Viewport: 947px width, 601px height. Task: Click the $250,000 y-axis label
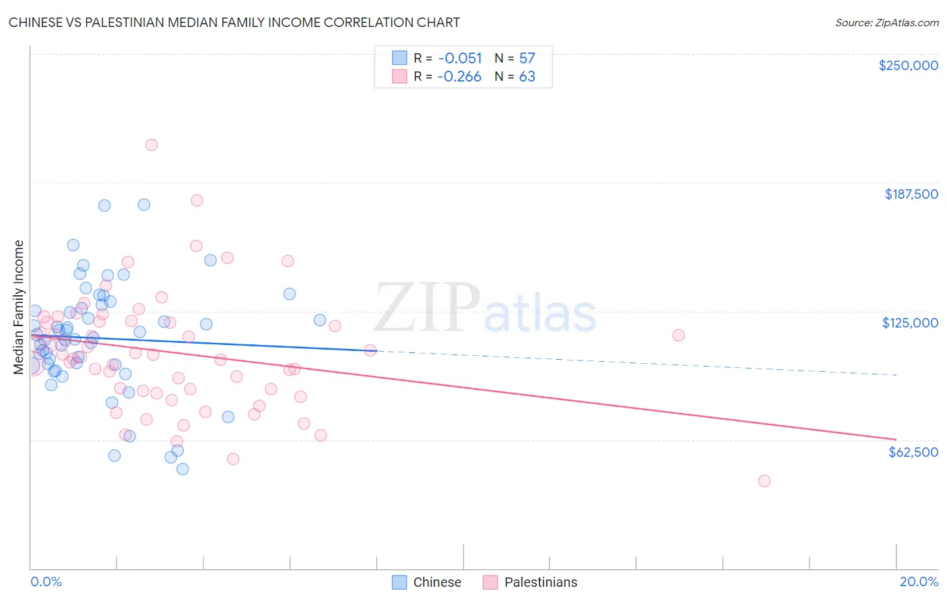click(x=908, y=65)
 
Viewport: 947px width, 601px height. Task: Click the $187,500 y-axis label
click(x=911, y=194)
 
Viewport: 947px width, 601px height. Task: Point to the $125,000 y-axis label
click(x=910, y=323)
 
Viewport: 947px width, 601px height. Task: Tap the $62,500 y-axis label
click(x=913, y=452)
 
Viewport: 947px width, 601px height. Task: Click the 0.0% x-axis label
click(x=46, y=581)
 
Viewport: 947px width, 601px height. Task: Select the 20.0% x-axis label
click(x=919, y=581)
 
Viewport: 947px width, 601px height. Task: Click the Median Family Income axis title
click(x=19, y=307)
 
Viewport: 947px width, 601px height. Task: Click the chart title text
click(x=234, y=22)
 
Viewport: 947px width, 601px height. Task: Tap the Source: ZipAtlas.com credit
click(x=886, y=23)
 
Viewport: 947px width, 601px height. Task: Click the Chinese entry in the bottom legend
click(x=436, y=582)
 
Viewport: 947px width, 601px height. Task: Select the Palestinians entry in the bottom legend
click(x=540, y=582)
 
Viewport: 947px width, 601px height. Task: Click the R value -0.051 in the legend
click(x=459, y=58)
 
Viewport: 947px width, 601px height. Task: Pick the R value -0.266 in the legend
click(x=459, y=77)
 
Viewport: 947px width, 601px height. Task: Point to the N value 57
click(x=527, y=58)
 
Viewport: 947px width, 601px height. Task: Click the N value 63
click(x=527, y=77)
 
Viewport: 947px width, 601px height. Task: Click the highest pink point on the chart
click(x=152, y=145)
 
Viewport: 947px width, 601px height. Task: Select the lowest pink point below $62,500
click(x=764, y=481)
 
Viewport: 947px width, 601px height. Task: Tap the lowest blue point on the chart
click(x=183, y=470)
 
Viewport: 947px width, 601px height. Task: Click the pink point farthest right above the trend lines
click(x=678, y=336)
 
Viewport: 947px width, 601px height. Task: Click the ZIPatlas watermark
click(x=485, y=309)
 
